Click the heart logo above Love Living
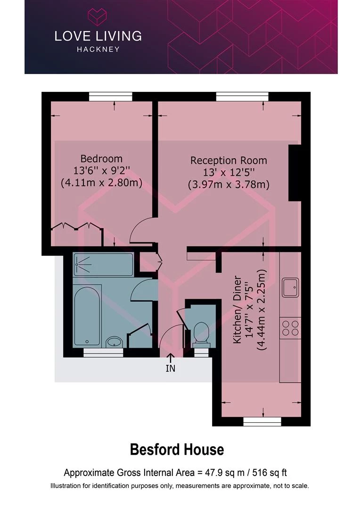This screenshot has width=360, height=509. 98,17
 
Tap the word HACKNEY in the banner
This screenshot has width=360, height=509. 98,49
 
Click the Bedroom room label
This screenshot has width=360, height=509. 102,159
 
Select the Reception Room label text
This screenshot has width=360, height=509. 229,160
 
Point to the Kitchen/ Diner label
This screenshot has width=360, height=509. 237,310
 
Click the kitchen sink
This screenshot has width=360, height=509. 290,287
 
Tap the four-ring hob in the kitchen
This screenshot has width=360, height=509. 291,328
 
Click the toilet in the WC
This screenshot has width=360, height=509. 201,333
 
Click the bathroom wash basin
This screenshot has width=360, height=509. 114,342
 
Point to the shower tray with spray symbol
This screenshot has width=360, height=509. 103,264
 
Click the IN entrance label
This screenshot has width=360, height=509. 171,368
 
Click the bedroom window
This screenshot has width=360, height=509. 111,97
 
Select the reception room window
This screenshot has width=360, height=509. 243,97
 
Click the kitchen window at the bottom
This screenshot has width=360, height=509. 262,422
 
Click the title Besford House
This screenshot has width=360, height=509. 177,450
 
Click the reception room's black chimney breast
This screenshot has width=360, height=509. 295,173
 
